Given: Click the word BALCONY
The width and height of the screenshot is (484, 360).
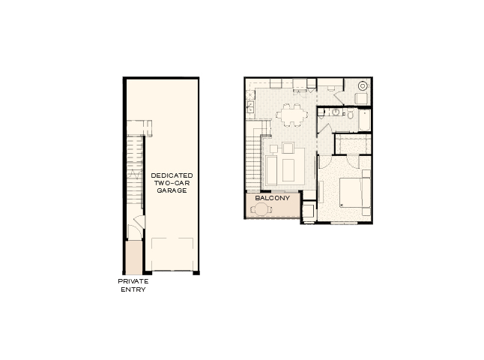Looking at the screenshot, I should pyautogui.click(x=272, y=199).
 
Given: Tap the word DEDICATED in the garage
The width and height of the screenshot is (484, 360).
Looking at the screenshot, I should pyautogui.click(x=172, y=175).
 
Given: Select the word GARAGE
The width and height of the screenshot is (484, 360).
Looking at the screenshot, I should pyautogui.click(x=172, y=190).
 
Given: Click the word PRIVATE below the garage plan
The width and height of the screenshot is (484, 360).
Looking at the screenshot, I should pyautogui.click(x=133, y=281).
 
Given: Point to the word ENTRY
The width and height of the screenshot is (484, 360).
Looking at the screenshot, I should pyautogui.click(x=133, y=289).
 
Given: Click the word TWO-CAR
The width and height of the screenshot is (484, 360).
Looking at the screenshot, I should pyautogui.click(x=172, y=183).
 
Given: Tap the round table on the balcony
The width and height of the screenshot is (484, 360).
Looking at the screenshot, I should pyautogui.click(x=262, y=210).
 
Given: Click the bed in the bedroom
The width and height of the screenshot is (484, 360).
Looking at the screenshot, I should pyautogui.click(x=354, y=191).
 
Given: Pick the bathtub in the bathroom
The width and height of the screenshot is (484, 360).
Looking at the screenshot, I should pyautogui.click(x=364, y=120).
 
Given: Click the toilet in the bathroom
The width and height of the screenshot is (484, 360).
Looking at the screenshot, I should pyautogui.click(x=348, y=114).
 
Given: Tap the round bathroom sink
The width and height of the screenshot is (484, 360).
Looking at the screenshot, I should pyautogui.click(x=336, y=113).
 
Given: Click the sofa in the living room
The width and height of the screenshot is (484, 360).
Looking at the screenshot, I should pyautogui.click(x=270, y=169).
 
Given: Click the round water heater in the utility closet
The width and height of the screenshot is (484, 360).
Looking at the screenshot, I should pyautogui.click(x=362, y=85).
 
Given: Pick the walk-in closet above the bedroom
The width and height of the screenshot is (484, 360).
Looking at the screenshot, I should pyautogui.click(x=352, y=143).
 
